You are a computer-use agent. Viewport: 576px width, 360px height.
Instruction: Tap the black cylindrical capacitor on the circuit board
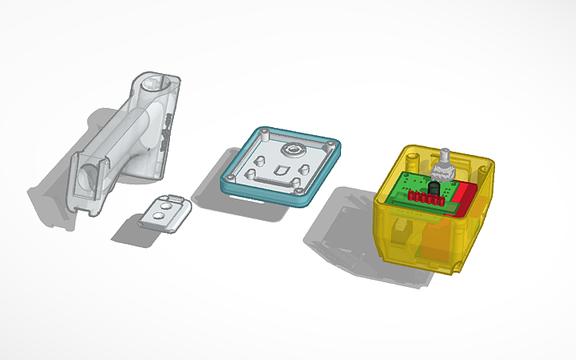point(434,192)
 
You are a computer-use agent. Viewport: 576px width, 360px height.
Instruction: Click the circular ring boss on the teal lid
point(296,149)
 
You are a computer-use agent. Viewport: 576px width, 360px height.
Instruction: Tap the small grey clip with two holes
point(164,212)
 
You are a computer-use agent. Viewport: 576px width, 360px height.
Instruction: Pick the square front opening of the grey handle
point(87,174)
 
